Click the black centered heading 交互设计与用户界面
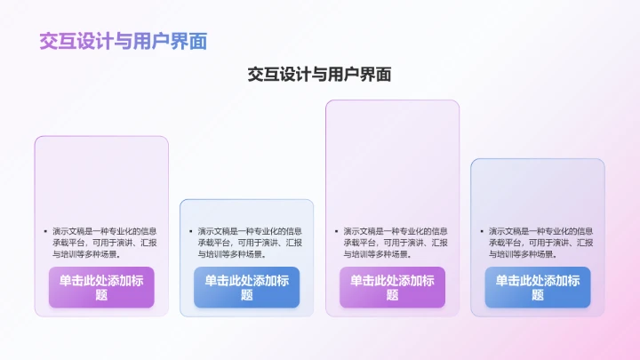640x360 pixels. pos(319,76)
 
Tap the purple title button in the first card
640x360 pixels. pos(101,287)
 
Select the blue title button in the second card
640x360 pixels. pos(246,287)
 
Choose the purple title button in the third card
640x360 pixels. pos(392,287)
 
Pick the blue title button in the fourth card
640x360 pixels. pos(537,287)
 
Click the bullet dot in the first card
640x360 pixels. pos(44,231)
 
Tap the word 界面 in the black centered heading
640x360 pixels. pos(377,76)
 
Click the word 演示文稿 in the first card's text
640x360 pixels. pos(67,231)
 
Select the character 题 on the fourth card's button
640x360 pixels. pos(537,295)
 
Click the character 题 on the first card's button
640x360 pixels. pos(101,295)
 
